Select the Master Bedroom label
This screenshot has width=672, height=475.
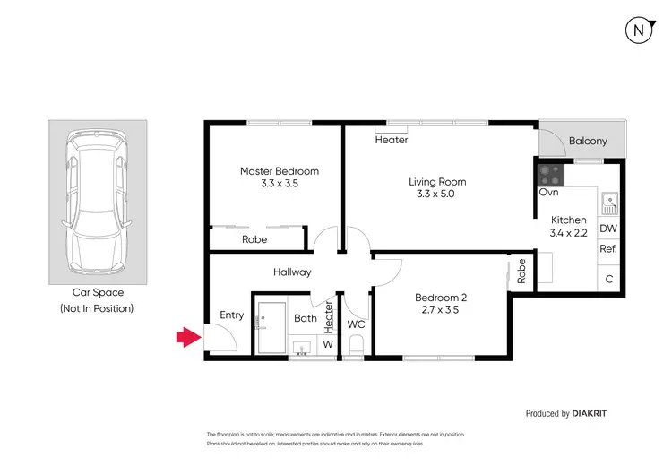(279, 171)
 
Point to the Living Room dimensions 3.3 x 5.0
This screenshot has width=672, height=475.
(441, 194)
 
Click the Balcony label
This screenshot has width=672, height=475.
(588, 141)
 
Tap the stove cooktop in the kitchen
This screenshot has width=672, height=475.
(549, 174)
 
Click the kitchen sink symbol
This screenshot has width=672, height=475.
(608, 203)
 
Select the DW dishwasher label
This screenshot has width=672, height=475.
(608, 229)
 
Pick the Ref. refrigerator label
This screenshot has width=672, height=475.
(608, 250)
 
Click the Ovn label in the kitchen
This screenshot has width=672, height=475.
(548, 192)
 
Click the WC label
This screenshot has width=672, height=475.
(356, 323)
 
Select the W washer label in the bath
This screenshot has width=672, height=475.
(327, 343)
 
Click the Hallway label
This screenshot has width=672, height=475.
(292, 272)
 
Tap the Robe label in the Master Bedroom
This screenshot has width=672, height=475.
(254, 239)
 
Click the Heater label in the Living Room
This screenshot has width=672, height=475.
(392, 140)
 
